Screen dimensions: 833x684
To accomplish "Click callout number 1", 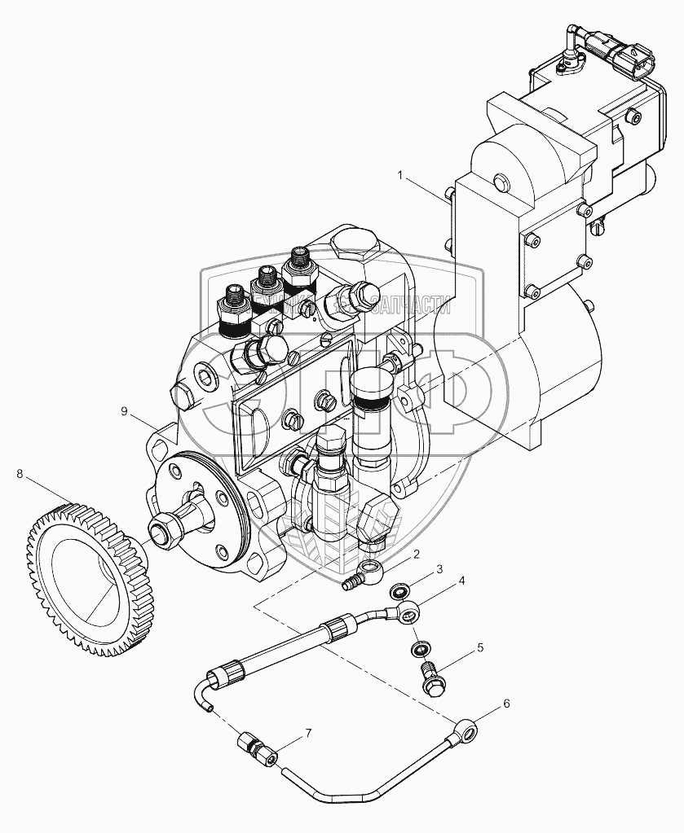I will pyautogui.click(x=401, y=174).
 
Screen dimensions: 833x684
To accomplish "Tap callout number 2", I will pyautogui.click(x=416, y=555).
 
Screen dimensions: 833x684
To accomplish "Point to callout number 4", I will pyautogui.click(x=461, y=581).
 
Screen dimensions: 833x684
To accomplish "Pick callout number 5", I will pyautogui.click(x=480, y=648).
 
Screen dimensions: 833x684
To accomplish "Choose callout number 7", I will pyautogui.click(x=308, y=734).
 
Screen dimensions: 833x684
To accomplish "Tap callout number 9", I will pyautogui.click(x=125, y=412).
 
